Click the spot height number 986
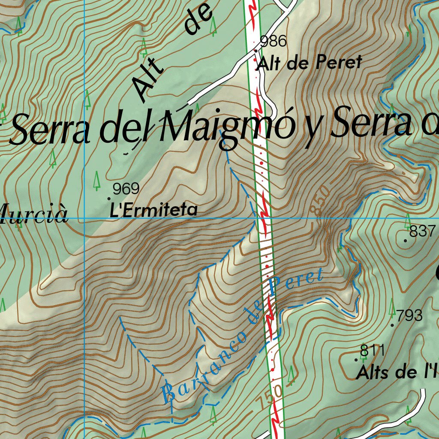point(273,42)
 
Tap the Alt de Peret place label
point(309,63)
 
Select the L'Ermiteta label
point(154,210)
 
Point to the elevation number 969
point(126,189)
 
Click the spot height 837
point(422,232)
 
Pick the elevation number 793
point(409,316)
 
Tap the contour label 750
point(271,397)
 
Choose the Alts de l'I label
point(397,372)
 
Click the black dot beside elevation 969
point(108,198)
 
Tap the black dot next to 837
point(406,241)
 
